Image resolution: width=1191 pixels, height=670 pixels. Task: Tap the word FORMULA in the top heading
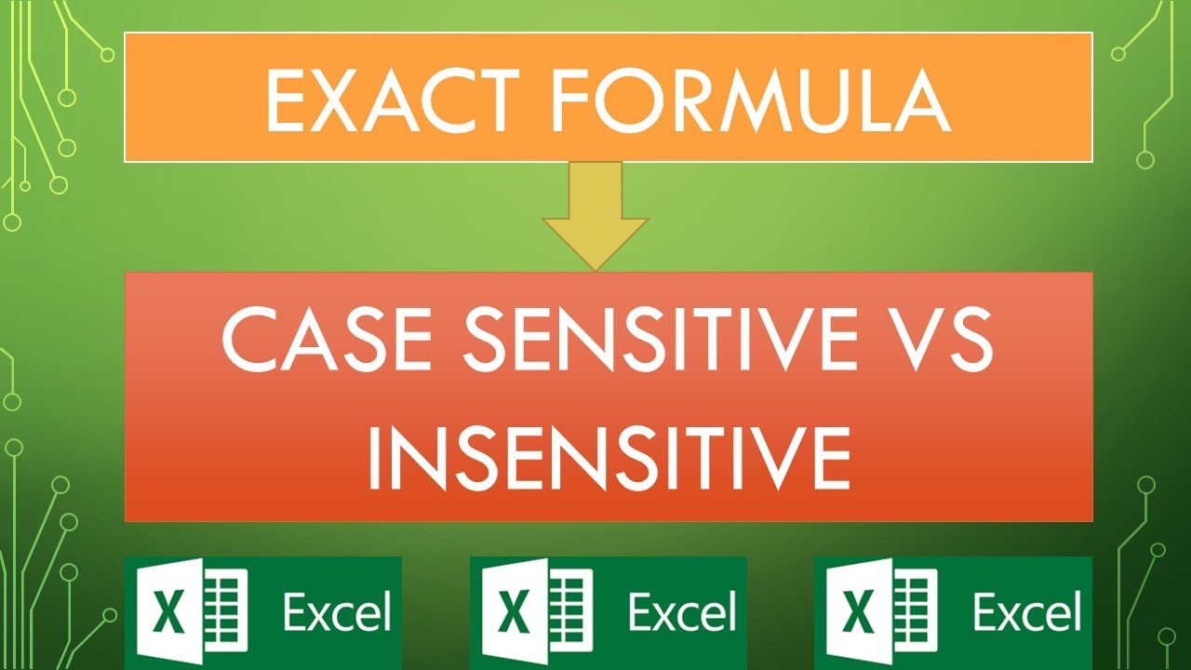pos(751,98)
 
